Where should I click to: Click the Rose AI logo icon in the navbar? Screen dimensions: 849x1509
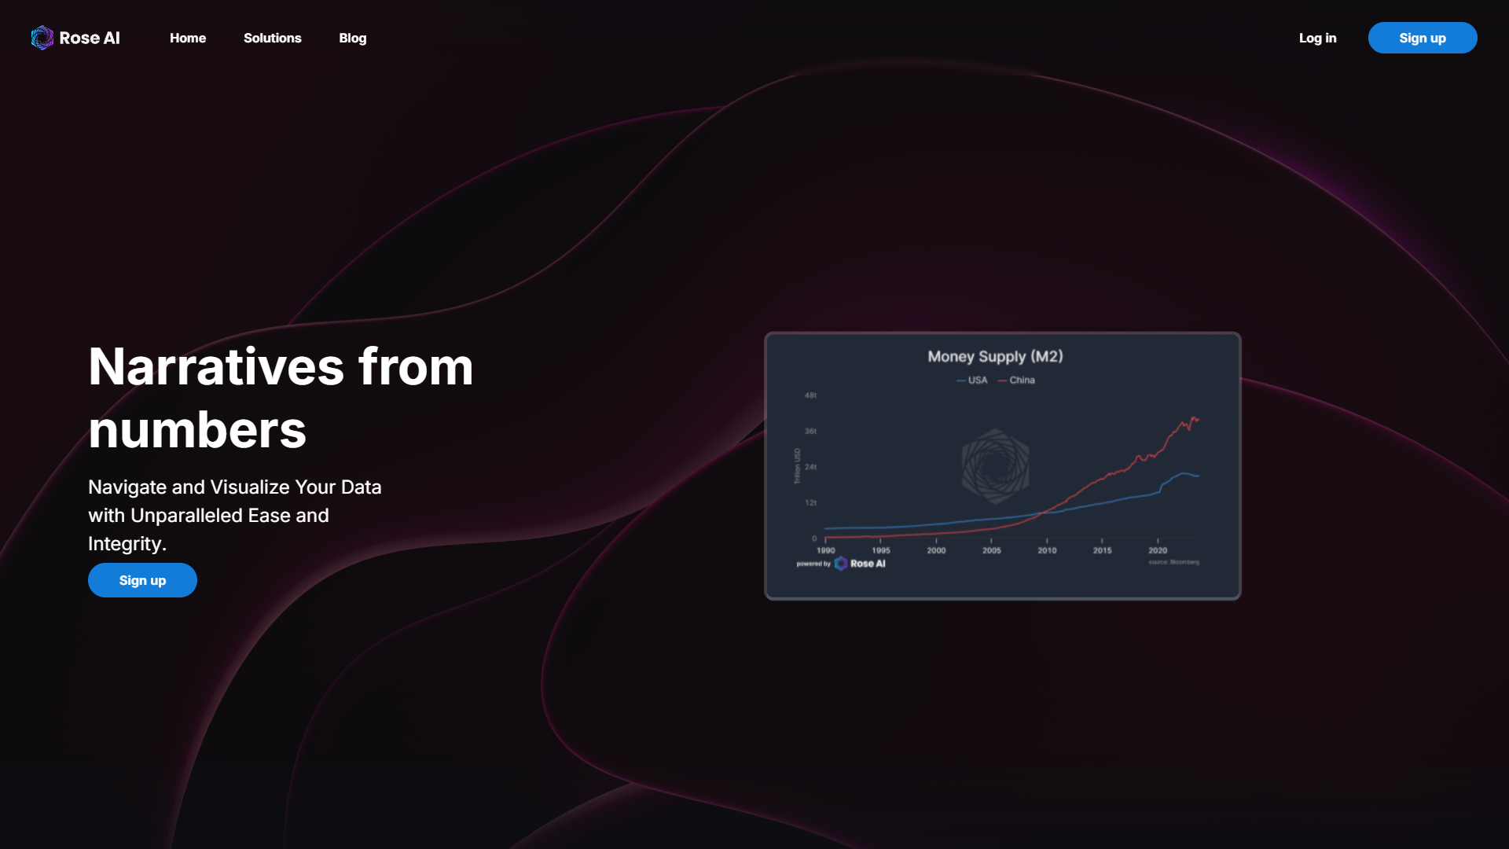pyautogui.click(x=42, y=38)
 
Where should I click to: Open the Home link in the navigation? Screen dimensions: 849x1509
pyautogui.click(x=188, y=38)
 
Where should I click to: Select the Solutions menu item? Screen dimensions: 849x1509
pyautogui.click(x=272, y=38)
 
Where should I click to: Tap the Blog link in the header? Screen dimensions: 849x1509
pyautogui.click(x=352, y=38)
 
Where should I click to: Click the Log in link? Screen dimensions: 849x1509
pyautogui.click(x=1317, y=38)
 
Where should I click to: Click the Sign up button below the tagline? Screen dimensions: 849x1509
pyautogui.click(x=142, y=580)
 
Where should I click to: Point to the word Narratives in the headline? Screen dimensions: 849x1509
pyautogui.click(x=216, y=366)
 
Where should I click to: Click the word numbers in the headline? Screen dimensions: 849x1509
pyautogui.click(x=197, y=430)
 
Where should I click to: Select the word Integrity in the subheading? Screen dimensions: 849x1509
pyautogui.click(x=125, y=543)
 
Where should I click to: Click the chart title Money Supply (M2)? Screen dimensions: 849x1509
pyautogui.click(x=995, y=356)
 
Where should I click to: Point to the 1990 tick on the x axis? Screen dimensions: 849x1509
pyautogui.click(x=825, y=550)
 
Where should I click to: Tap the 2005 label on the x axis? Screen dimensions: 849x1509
pyautogui.click(x=991, y=550)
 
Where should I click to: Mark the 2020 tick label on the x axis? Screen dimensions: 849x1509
pyautogui.click(x=1157, y=550)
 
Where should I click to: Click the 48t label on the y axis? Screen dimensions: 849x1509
pyautogui.click(x=810, y=395)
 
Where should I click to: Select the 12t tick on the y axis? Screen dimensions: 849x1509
pyautogui.click(x=810, y=502)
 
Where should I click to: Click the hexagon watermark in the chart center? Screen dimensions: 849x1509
pyautogui.click(x=995, y=466)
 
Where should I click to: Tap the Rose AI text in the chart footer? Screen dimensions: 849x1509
pyautogui.click(x=867, y=564)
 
